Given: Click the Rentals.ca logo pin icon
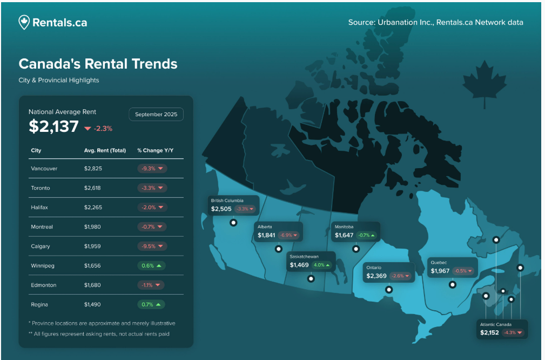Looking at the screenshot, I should pyautogui.click(x=24, y=22).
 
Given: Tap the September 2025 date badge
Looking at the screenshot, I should pyautogui.click(x=156, y=114).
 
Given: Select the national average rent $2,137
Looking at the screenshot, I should pyautogui.click(x=53, y=126).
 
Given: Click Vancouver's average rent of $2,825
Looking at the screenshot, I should pyautogui.click(x=93, y=169).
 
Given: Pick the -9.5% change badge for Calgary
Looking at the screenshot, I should pyautogui.click(x=152, y=246).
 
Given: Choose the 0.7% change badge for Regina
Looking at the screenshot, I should pyautogui.click(x=151, y=304).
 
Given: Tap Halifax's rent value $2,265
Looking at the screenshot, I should pyautogui.click(x=93, y=208).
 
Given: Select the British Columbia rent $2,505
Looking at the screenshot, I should pyautogui.click(x=221, y=209).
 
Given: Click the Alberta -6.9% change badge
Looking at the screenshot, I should pyautogui.click(x=290, y=235).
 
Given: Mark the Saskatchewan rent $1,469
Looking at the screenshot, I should pyautogui.click(x=299, y=265).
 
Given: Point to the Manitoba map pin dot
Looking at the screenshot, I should pyautogui.click(x=355, y=249).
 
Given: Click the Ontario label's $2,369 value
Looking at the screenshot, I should pyautogui.click(x=376, y=276).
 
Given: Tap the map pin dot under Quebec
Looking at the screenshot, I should pyautogui.click(x=453, y=284).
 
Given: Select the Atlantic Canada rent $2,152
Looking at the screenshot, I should pyautogui.click(x=490, y=332).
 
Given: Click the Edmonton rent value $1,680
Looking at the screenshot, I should pyautogui.click(x=93, y=285).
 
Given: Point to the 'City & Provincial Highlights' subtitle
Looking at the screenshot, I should pyautogui.click(x=59, y=80).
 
